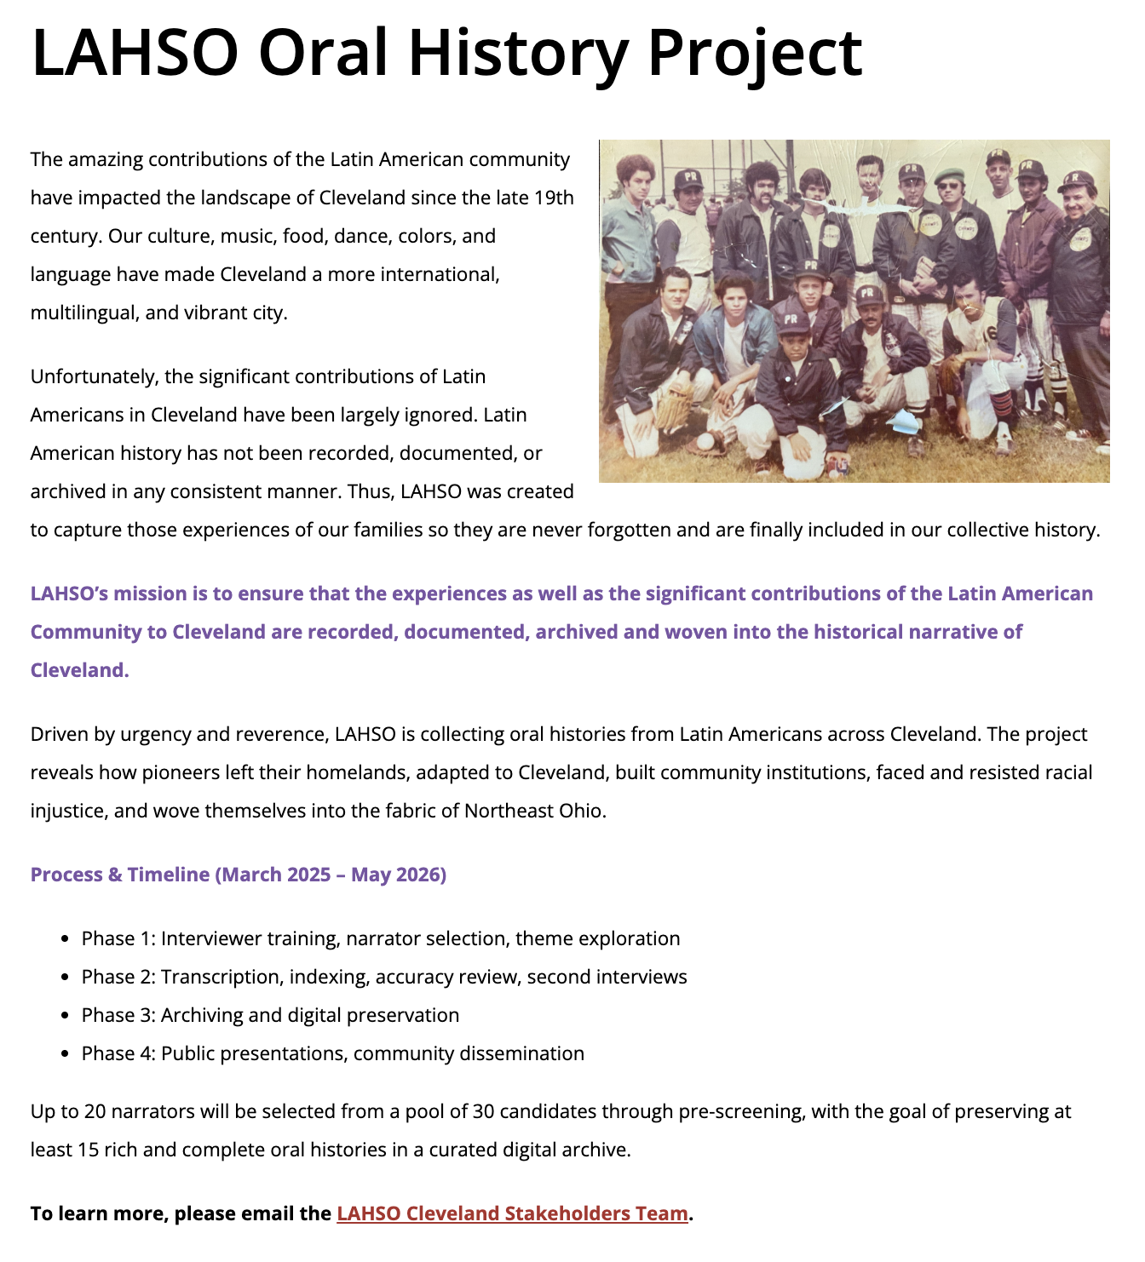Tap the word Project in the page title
coord(755,53)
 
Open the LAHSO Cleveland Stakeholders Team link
coord(512,1213)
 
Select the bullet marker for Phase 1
coord(65,939)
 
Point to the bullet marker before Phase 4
coord(65,1054)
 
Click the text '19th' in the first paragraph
coord(554,198)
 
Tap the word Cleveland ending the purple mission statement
coord(79,670)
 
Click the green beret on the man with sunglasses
coord(950,176)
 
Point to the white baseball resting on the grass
coord(706,442)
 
